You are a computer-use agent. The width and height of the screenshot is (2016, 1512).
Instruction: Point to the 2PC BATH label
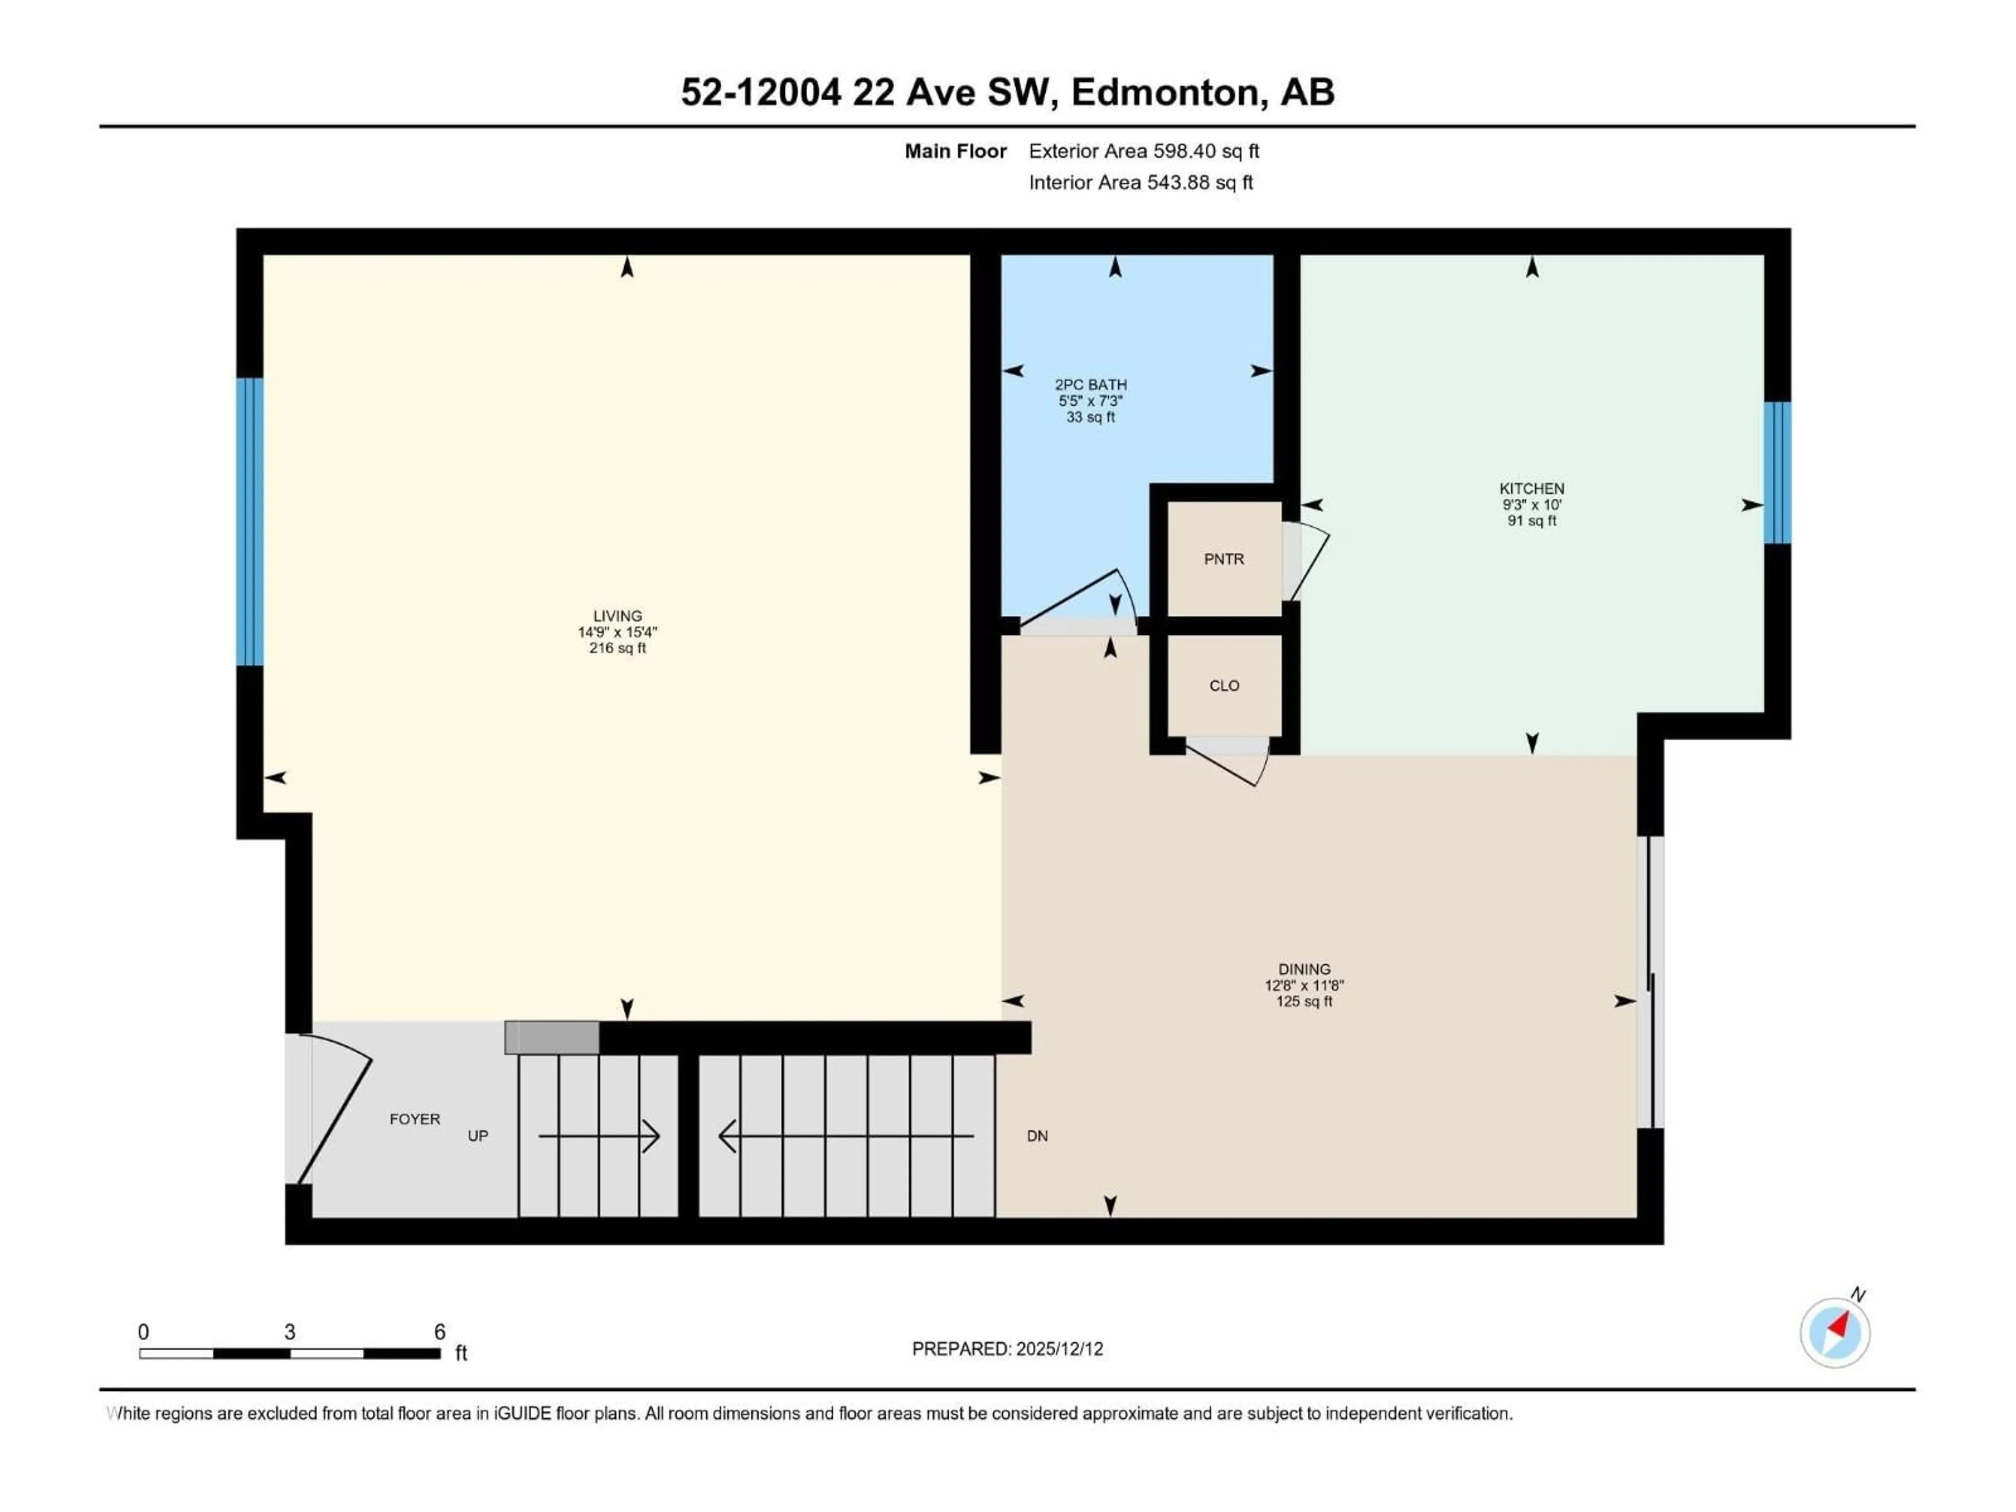click(x=1091, y=385)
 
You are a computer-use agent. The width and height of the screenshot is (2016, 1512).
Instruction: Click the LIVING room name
click(x=617, y=616)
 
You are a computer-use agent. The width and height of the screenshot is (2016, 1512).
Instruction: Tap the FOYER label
click(x=415, y=1119)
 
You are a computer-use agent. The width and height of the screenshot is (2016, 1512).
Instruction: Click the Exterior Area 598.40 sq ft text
click(x=1144, y=151)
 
